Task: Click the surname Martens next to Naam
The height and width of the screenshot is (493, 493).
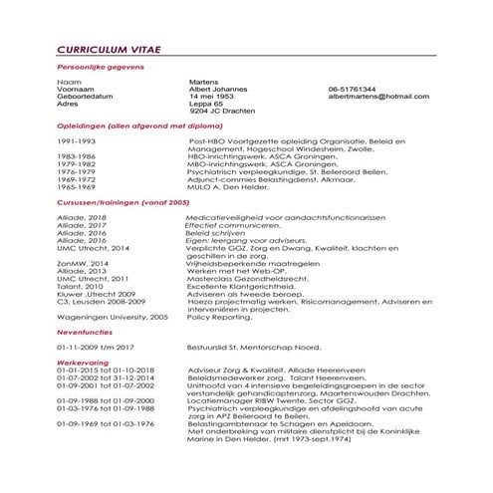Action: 205,81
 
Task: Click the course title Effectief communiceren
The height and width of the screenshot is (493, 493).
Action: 230,225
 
